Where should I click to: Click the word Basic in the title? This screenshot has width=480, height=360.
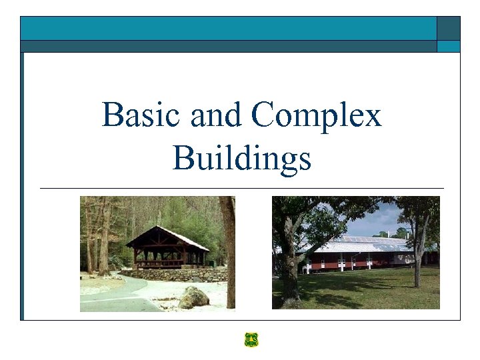tap(142, 115)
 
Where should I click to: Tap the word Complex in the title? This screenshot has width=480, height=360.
tap(317, 115)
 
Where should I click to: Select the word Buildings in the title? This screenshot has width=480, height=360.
tap(241, 159)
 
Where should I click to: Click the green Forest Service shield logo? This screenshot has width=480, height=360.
tap(251, 340)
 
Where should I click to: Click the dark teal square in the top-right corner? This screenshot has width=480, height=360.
tap(448, 28)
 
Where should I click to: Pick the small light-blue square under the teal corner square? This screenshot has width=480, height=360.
tap(448, 46)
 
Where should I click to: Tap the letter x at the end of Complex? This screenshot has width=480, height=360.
tap(373, 117)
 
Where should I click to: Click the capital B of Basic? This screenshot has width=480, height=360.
tap(111, 115)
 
